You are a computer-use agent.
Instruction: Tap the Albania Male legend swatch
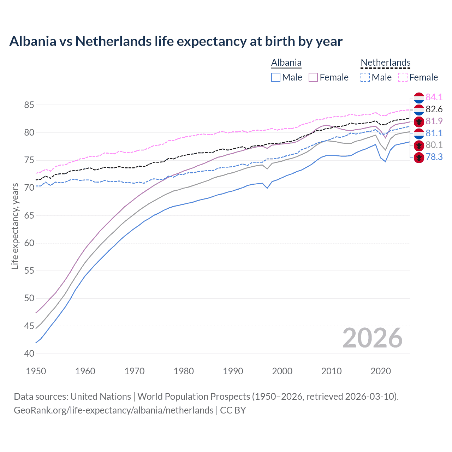tap(276, 77)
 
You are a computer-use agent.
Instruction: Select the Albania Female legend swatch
tap(313, 77)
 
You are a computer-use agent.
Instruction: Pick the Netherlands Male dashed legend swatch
tap(365, 77)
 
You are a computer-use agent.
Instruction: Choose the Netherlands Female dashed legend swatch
tap(403, 77)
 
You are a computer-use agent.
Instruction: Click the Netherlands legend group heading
tap(385, 63)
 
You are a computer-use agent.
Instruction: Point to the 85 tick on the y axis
tap(29, 105)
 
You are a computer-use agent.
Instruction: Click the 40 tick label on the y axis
tap(29, 353)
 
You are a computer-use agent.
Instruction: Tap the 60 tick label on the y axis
tap(29, 243)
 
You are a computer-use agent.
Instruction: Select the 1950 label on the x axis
tap(36, 371)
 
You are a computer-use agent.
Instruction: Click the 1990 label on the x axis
tap(233, 371)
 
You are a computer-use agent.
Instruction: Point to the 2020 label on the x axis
tap(381, 371)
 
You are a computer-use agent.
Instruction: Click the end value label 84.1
tap(434, 97)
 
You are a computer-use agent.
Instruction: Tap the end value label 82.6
tap(434, 109)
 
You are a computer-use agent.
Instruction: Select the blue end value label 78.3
tap(434, 157)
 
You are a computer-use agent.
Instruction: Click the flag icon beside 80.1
tap(419, 145)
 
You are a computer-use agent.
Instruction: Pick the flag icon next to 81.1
tap(419, 133)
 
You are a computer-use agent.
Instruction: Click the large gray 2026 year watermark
tap(372, 338)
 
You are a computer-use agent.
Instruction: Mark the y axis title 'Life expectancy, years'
tap(15, 226)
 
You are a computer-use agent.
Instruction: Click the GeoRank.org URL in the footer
tap(113, 410)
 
